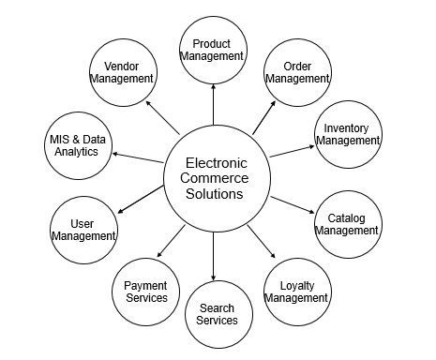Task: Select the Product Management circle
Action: (x=212, y=50)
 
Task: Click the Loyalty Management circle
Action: (x=296, y=291)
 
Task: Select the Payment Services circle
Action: (x=145, y=291)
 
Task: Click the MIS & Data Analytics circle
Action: (x=74, y=145)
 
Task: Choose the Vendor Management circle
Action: (x=122, y=73)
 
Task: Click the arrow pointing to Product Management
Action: (x=213, y=107)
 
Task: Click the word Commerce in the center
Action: (x=213, y=178)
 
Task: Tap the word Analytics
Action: (x=74, y=152)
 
